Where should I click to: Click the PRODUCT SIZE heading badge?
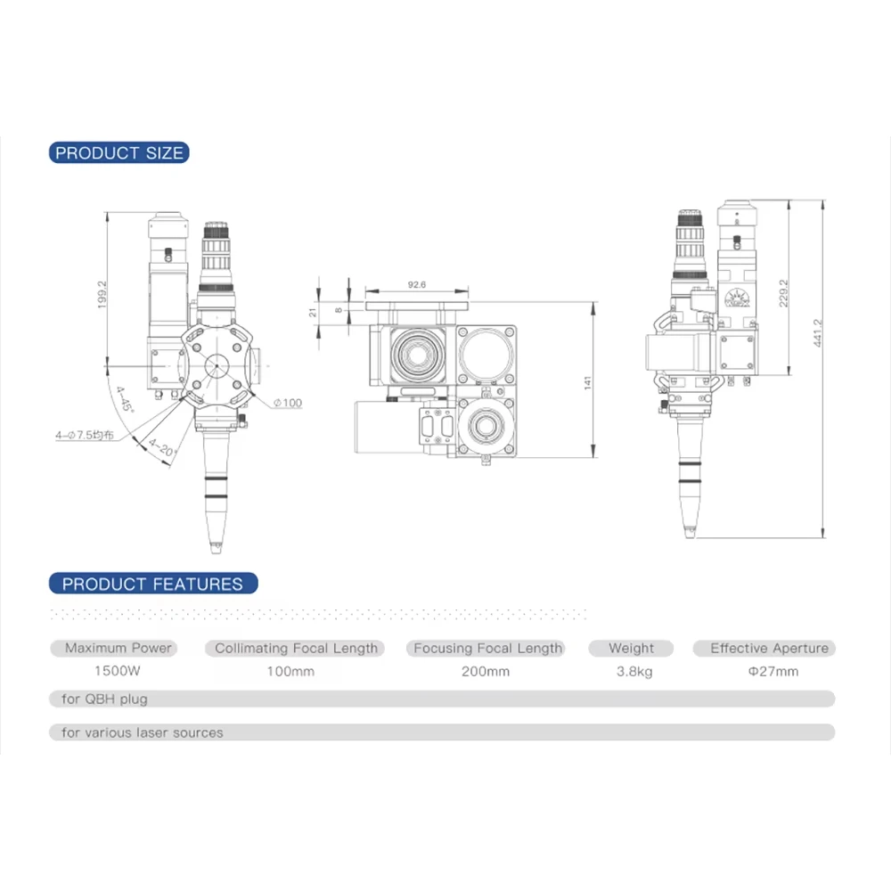coord(119,153)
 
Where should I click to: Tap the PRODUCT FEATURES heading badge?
coord(153,584)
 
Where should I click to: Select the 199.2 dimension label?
coord(102,294)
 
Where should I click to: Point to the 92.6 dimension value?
coord(416,285)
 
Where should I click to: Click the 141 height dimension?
coord(587,382)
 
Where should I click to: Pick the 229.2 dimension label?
coord(783,293)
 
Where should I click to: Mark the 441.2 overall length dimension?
coord(818,333)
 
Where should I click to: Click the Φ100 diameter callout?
coord(288,403)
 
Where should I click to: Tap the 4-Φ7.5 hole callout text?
coord(85,436)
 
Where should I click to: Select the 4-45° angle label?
coord(125,399)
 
